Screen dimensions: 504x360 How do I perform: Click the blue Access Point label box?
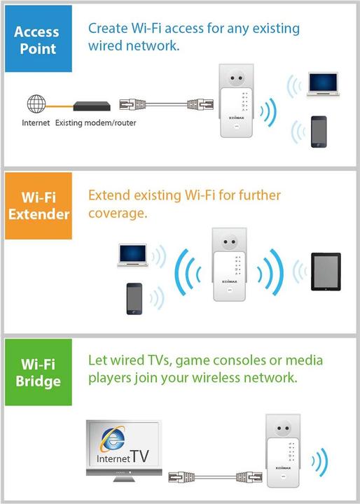tap(36, 41)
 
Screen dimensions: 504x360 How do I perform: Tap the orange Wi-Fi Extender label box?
tap(36, 203)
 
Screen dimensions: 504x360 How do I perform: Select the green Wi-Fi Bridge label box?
tap(36, 372)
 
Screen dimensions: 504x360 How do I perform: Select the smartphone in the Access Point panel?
tap(319, 130)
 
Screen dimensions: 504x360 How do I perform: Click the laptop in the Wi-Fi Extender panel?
tap(134, 256)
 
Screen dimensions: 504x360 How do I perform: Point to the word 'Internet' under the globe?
tap(36, 122)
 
